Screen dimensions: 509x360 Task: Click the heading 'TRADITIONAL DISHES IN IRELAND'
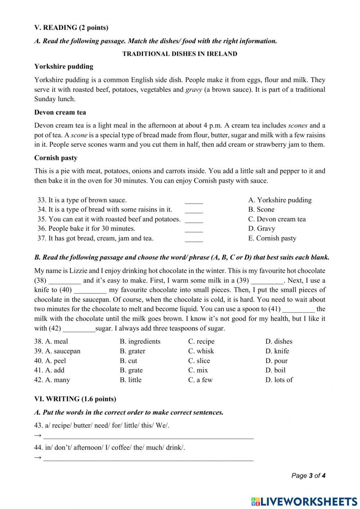180,54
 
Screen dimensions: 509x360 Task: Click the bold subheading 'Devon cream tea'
60,112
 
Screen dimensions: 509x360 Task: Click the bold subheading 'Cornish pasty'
56,158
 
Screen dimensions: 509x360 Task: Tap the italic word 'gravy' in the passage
194,90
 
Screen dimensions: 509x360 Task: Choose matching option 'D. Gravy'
261,228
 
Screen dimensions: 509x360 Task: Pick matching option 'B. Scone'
261,209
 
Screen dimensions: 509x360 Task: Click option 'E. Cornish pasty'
272,238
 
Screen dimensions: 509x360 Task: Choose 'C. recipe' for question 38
201,341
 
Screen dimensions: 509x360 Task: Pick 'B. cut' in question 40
128,361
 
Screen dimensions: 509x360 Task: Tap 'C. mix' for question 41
198,370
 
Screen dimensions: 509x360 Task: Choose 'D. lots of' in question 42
279,380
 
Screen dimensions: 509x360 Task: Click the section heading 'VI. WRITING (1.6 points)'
75,399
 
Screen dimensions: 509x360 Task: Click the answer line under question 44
148,459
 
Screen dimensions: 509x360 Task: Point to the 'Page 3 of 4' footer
308,475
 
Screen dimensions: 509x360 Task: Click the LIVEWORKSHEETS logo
304,501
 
